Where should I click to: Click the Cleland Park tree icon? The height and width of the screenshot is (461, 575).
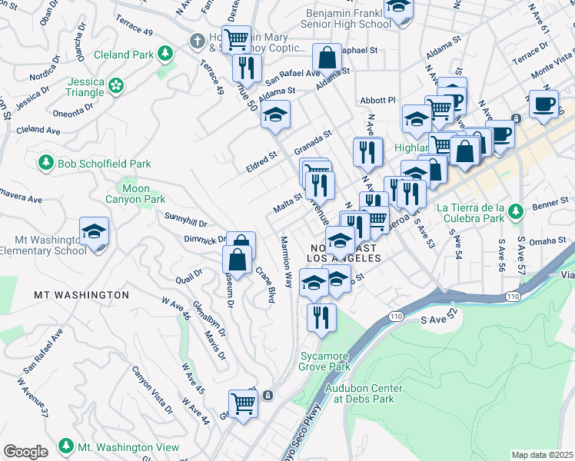click(x=164, y=54)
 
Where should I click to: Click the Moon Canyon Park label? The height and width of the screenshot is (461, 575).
click(x=136, y=194)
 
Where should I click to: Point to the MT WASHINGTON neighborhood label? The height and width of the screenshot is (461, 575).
click(x=81, y=295)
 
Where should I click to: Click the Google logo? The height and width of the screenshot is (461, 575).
click(x=25, y=452)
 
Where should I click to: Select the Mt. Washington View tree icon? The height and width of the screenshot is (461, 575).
click(x=66, y=446)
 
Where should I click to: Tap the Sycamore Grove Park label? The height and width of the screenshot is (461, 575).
click(x=324, y=362)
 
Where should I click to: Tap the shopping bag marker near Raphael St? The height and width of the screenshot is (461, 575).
click(x=327, y=58)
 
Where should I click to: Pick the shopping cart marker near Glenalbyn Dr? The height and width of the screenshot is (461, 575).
click(x=243, y=402)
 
